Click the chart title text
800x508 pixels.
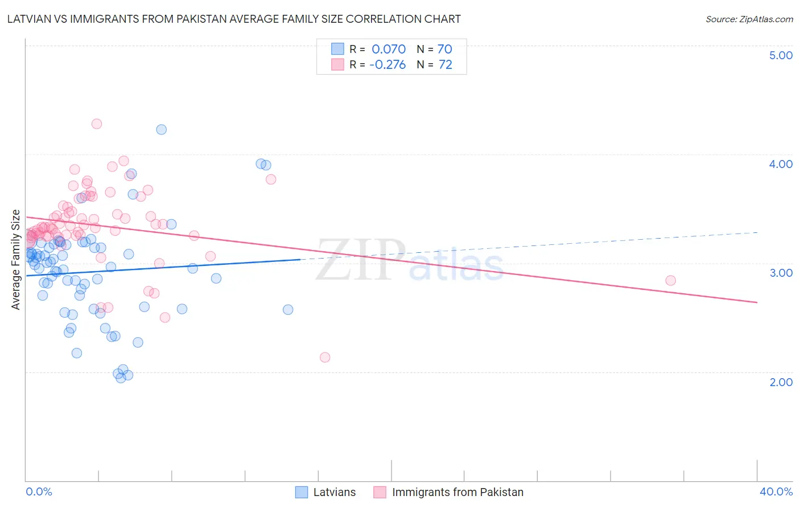234,19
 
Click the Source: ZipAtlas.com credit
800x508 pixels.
749,19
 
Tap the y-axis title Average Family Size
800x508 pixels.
16,260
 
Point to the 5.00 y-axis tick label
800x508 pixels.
781,55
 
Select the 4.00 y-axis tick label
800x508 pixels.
781,164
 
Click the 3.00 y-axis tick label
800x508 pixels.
781,273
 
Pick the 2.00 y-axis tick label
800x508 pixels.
781,382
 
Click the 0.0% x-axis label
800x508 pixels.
39,491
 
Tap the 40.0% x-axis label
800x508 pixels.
776,491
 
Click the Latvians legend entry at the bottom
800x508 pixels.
334,492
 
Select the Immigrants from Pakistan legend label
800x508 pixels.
457,492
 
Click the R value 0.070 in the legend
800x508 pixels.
389,49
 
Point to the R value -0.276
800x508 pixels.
387,65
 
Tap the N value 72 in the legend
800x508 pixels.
446,65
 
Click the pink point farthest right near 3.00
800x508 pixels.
670,280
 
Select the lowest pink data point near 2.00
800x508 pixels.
325,357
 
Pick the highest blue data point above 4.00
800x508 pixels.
162,129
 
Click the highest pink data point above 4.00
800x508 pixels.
97,124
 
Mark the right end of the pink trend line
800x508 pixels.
757,302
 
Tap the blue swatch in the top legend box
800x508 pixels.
337,49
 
